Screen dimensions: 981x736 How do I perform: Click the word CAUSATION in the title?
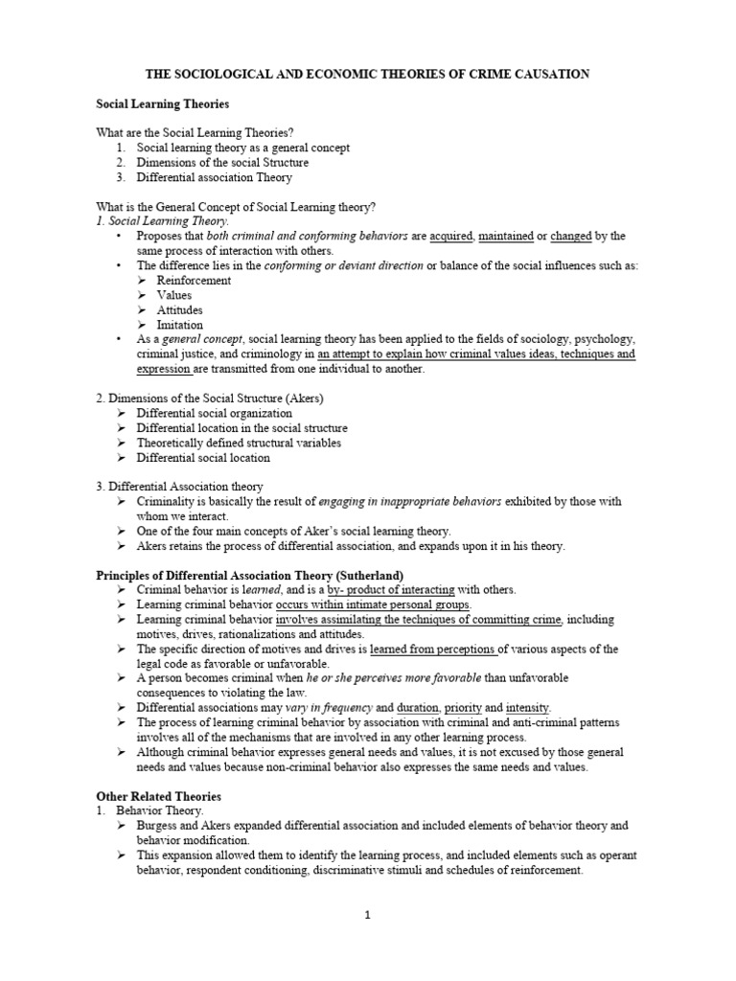pos(548,74)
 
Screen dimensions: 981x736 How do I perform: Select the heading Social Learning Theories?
pos(162,103)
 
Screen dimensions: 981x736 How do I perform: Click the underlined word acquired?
pos(451,236)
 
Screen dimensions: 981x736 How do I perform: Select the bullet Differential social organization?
pos(214,413)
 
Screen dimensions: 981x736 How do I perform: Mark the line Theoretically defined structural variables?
pos(239,443)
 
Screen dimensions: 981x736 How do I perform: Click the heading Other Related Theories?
pos(159,796)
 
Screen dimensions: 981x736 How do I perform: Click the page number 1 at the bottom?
pos(367,915)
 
